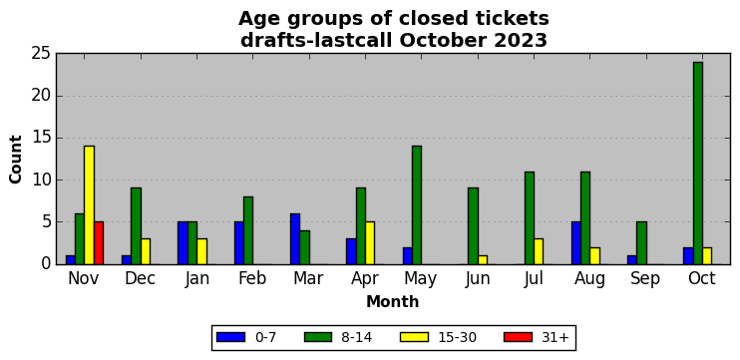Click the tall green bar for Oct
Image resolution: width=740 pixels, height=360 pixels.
point(698,164)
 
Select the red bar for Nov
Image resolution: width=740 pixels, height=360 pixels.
point(99,243)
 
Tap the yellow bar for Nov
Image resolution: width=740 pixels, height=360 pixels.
point(89,205)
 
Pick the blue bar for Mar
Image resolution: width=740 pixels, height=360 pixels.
point(295,238)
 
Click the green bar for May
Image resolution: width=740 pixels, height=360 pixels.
point(417,205)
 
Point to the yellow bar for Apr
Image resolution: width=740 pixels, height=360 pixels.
point(370,243)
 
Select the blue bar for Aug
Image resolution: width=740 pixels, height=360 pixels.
point(576,243)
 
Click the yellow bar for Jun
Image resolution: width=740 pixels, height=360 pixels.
point(483,260)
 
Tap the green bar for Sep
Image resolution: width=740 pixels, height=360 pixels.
point(642,243)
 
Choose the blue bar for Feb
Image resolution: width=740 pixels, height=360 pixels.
point(238,243)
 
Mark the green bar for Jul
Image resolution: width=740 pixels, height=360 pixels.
point(530,218)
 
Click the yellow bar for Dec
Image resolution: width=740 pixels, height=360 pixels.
point(146,251)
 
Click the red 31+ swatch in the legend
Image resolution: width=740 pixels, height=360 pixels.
point(519,337)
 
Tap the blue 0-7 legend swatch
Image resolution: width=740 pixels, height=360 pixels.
point(230,337)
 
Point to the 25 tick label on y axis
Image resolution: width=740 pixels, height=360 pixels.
point(41,54)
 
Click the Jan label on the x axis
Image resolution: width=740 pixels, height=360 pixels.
point(196,278)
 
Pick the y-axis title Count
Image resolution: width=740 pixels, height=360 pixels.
point(16,160)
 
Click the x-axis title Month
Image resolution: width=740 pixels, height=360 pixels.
point(393,301)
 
